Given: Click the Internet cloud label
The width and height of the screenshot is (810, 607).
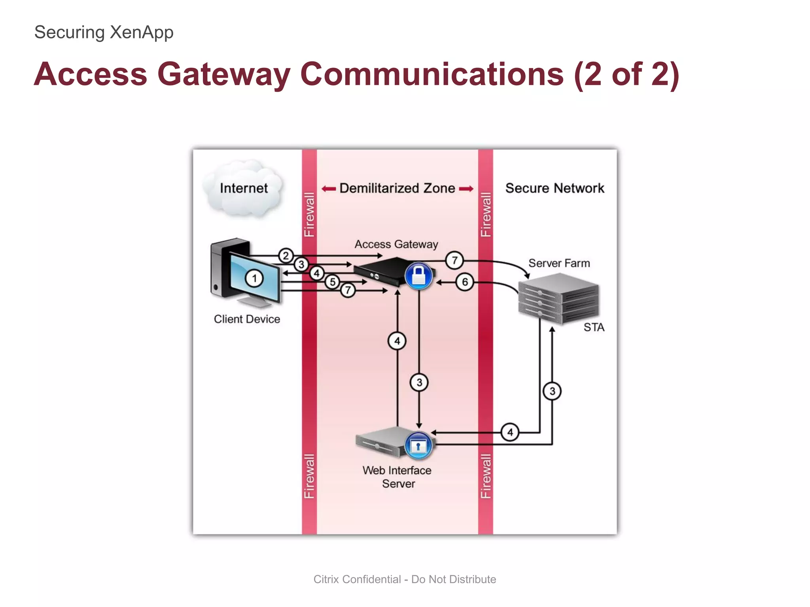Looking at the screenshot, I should tap(244, 188).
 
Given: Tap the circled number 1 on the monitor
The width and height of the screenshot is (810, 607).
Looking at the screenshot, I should tap(254, 278).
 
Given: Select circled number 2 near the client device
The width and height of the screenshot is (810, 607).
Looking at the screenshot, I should tap(286, 256).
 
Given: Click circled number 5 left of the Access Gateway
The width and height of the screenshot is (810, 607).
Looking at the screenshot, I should tap(333, 282).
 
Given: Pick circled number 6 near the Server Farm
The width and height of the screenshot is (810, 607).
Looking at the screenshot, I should tap(465, 282).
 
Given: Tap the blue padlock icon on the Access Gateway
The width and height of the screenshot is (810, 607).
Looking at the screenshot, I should tap(418, 275).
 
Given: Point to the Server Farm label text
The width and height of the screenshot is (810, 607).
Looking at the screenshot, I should tap(559, 263).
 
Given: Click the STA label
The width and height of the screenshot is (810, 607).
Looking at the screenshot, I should tap(594, 327).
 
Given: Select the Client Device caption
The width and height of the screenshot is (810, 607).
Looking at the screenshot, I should tap(247, 319).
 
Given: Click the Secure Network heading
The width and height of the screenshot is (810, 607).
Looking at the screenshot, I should tap(555, 188).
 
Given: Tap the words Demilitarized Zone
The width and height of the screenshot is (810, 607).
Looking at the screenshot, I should tap(397, 188).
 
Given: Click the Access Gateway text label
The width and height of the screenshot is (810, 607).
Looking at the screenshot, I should tap(396, 244).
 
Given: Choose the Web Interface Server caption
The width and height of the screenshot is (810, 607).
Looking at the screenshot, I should tap(397, 477).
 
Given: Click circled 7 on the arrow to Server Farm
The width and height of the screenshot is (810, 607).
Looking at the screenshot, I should tap(454, 260).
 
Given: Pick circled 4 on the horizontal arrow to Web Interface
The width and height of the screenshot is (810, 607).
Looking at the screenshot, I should tap(510, 432).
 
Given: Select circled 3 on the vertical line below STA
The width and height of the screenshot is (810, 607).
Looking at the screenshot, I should tap(552, 391).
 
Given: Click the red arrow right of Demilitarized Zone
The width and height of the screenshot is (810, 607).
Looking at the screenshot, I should tap(466, 189).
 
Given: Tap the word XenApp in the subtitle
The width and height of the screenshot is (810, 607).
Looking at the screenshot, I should tap(141, 32).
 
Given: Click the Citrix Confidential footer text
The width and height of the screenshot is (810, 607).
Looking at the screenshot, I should tap(405, 579).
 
